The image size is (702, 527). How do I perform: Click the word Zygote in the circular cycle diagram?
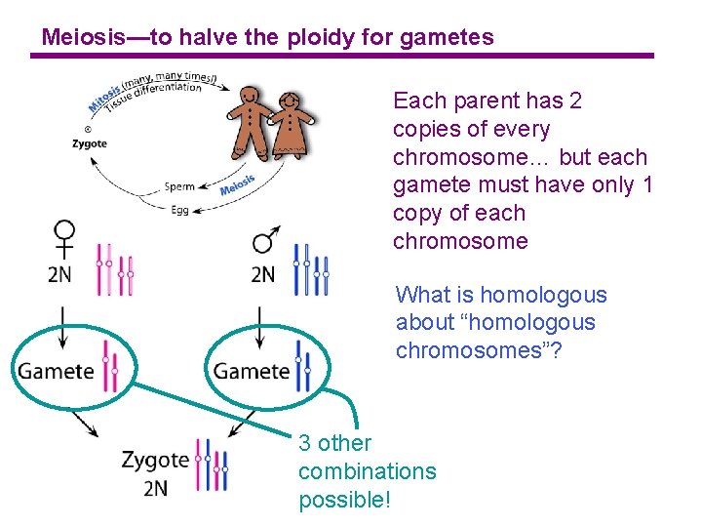[x=90, y=143]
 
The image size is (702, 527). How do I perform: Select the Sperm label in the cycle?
[x=179, y=186]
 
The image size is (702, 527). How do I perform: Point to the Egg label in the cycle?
[x=181, y=208]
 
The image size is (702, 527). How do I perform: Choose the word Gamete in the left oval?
[x=56, y=371]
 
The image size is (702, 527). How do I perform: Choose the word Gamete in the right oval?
[x=252, y=371]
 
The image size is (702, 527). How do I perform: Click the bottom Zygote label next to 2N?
[x=155, y=459]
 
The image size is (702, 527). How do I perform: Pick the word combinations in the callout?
[x=367, y=471]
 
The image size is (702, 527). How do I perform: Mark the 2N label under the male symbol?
[x=263, y=274]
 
